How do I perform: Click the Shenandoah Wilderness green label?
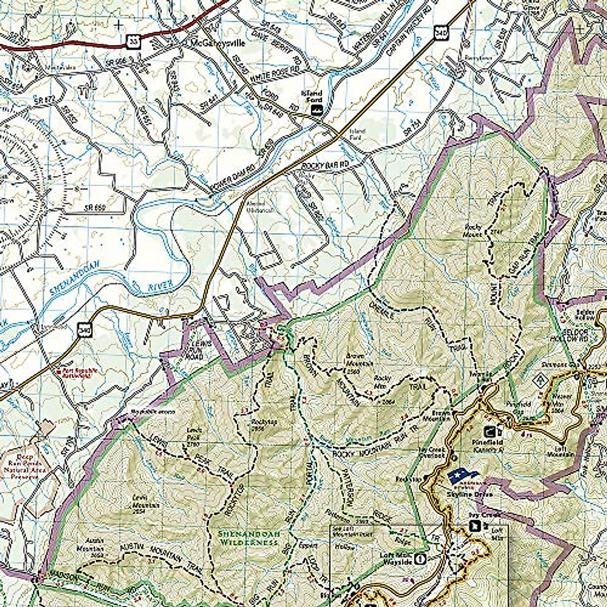pos(248,538)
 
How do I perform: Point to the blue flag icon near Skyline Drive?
pos(462,476)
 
